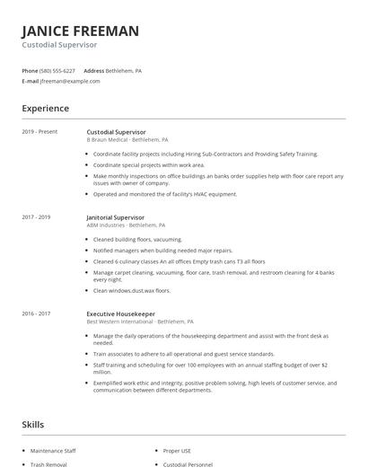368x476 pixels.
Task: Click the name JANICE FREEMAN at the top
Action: click(81, 31)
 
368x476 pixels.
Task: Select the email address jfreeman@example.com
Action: click(70, 81)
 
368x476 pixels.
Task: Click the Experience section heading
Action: click(45, 109)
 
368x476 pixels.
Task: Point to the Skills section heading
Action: click(32, 423)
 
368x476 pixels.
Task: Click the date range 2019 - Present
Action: click(39, 132)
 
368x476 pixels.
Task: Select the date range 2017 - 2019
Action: click(36, 217)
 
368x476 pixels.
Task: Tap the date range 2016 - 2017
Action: click(36, 314)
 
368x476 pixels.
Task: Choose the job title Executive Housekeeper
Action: click(121, 314)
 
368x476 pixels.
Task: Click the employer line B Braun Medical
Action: click(126, 140)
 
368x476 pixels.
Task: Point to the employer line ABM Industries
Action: click(127, 225)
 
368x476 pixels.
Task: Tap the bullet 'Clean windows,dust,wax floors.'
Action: click(132, 291)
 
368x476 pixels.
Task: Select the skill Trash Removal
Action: click(48, 464)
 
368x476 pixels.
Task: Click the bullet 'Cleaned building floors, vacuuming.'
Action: click(137, 240)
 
